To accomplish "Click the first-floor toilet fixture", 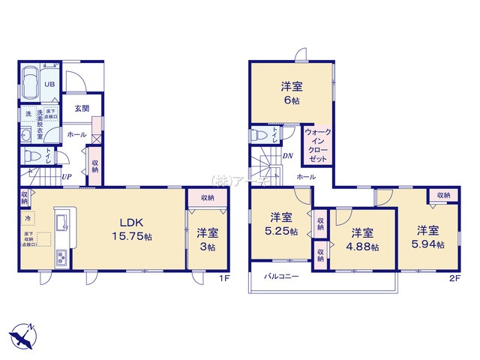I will click(x=33, y=157).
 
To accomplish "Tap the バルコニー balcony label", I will click(x=282, y=277).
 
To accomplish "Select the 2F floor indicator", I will click(x=454, y=279).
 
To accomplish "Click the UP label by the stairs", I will click(x=67, y=178).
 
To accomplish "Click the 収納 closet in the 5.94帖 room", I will click(x=443, y=195).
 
